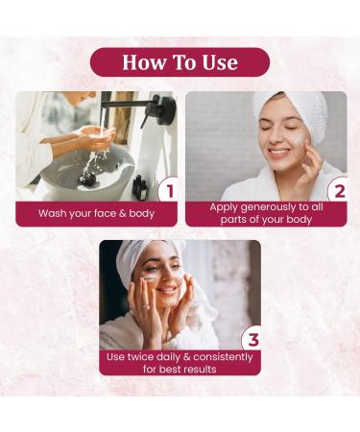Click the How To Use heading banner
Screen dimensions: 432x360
[180, 62]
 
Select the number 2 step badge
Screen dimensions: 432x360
[337, 190]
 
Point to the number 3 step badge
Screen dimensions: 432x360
[252, 339]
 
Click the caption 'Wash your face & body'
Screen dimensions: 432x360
[96, 213]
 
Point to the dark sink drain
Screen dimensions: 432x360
[89, 178]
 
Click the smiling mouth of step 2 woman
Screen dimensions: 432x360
[277, 153]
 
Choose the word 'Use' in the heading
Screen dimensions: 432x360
[216, 62]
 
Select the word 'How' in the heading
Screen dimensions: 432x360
[143, 62]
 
